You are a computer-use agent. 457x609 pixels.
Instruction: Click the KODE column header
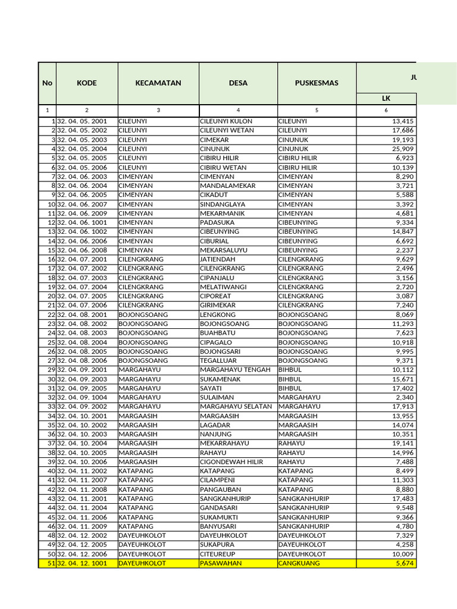click(87, 83)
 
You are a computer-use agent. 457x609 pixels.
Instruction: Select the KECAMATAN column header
click(158, 83)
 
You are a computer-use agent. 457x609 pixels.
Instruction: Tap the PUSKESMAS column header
click(317, 83)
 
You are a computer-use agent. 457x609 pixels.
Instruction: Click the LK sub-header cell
click(386, 98)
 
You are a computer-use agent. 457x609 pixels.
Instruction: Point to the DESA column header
click(238, 83)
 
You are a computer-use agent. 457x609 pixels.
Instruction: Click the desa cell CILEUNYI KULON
click(226, 121)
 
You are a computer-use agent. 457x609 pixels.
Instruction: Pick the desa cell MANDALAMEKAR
click(228, 186)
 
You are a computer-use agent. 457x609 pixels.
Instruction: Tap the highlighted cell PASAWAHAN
click(221, 563)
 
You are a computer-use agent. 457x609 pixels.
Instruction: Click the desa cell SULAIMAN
click(217, 397)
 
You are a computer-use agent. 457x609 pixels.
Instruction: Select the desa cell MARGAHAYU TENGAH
click(235, 370)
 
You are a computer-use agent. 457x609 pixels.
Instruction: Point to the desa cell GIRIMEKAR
click(219, 305)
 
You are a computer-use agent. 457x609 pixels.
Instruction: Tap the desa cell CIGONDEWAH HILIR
click(231, 462)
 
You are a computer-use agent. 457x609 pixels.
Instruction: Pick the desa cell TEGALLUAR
click(218, 360)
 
